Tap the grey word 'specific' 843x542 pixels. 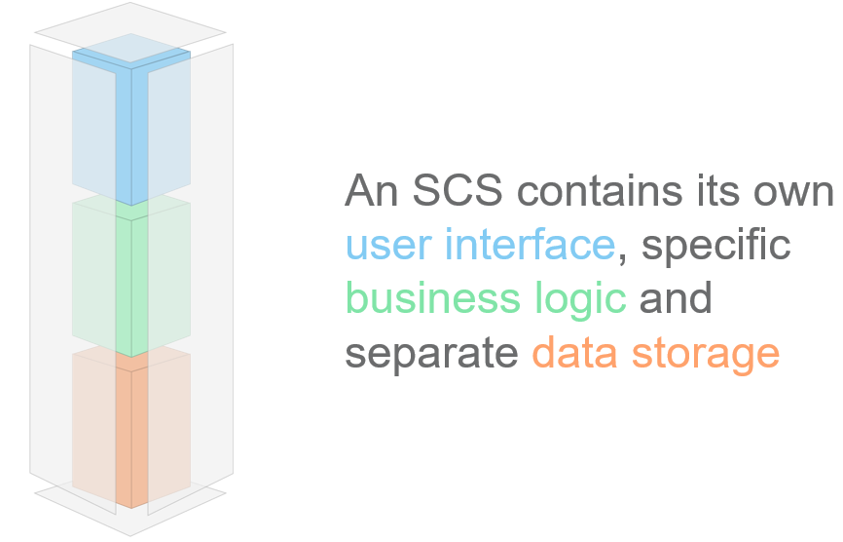coord(716,246)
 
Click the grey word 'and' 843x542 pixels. coord(676,298)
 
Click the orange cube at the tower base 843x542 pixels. coord(131,429)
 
